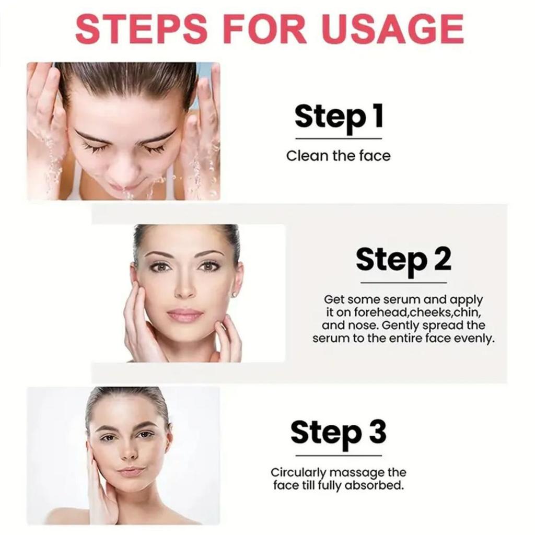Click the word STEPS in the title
141,29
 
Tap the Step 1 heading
339,117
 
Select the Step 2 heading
403,260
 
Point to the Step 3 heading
339,433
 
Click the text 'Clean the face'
338,156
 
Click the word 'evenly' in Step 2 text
474,338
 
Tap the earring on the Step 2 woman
234,295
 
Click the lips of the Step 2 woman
185,315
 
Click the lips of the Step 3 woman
130,471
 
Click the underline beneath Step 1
339,138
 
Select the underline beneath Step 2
403,283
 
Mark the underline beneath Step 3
339,456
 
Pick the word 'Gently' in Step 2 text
400,325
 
